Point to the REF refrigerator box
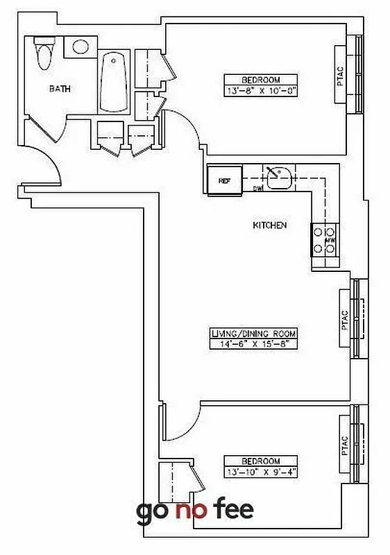tap(224, 180)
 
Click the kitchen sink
tap(280, 177)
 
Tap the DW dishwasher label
tap(257, 189)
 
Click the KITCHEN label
tap(270, 225)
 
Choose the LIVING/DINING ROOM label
tap(253, 334)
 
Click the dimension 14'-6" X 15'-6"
tap(253, 343)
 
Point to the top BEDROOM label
tap(261, 80)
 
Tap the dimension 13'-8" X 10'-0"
tap(261, 90)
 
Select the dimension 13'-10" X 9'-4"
tap(261, 472)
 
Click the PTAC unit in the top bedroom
tap(341, 74)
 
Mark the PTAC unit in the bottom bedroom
tap(345, 445)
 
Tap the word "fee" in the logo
tap(232, 509)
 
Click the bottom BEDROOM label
tap(261, 461)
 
